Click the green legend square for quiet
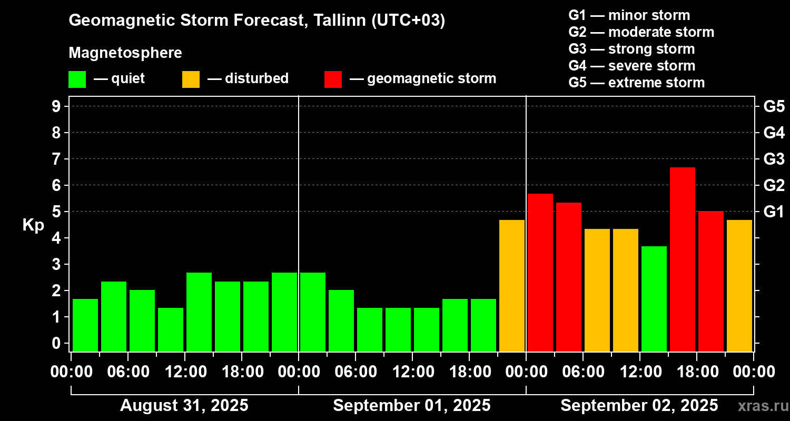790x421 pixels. (x=77, y=79)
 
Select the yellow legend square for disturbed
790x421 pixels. (x=191, y=79)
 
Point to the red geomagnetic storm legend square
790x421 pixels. (x=333, y=79)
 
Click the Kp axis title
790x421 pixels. (x=33, y=225)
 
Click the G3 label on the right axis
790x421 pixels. (x=774, y=159)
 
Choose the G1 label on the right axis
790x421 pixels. (x=774, y=212)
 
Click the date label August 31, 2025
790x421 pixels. (x=184, y=406)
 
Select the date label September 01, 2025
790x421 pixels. (x=412, y=406)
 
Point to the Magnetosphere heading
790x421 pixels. (x=125, y=53)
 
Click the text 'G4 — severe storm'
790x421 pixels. (x=632, y=66)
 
